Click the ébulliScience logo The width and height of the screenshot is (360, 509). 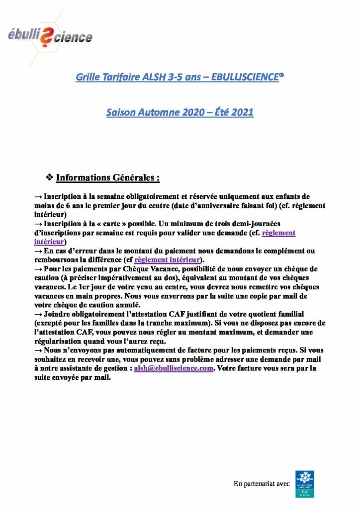click(50, 36)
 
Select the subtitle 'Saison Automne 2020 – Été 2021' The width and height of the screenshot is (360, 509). click(180, 112)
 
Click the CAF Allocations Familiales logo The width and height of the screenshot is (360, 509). click(304, 484)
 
